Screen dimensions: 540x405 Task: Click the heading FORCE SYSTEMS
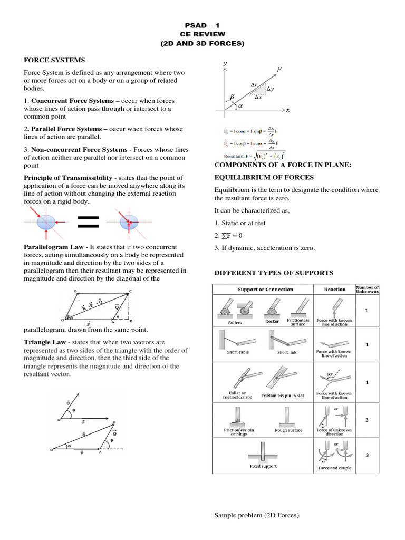pos(54,61)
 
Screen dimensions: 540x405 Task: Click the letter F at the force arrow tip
pos(279,69)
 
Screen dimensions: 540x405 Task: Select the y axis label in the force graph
pos(225,63)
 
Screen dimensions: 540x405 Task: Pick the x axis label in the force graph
pos(288,110)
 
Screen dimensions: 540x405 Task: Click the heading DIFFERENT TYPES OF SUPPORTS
pos(273,273)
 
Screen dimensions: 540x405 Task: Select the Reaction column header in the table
pos(335,290)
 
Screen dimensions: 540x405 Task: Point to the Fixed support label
pos(263,466)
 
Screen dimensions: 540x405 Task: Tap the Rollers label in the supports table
pos(235,322)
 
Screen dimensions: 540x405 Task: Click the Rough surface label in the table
pos(288,430)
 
